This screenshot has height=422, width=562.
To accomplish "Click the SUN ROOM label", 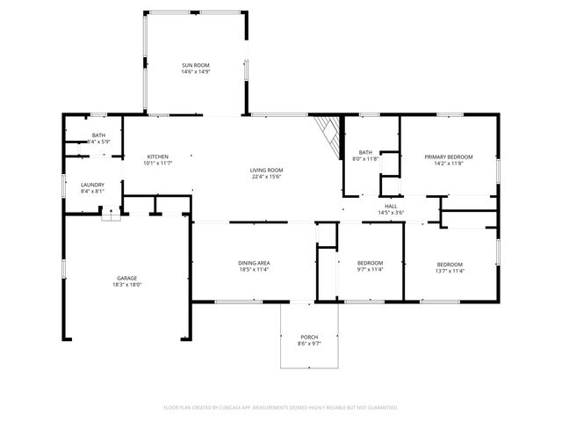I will pyautogui.click(x=195, y=65).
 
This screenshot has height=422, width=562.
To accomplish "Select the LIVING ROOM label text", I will pyautogui.click(x=266, y=170).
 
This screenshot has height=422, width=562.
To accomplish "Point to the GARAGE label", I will pyautogui.click(x=126, y=278).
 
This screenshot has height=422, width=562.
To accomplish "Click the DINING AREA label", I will pyautogui.click(x=253, y=264).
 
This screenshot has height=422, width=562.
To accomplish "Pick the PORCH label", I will pyautogui.click(x=309, y=337).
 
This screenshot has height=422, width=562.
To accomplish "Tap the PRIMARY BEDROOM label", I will pyautogui.click(x=449, y=156).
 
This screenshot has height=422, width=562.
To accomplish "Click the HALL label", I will pyautogui.click(x=391, y=207).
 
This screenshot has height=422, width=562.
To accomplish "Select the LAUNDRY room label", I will pyautogui.click(x=92, y=185).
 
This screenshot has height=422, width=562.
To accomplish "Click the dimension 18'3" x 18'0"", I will pyautogui.click(x=126, y=285).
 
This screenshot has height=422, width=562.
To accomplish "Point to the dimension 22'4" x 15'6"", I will pyautogui.click(x=266, y=177).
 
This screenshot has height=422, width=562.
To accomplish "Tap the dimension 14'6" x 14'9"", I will pyautogui.click(x=195, y=72).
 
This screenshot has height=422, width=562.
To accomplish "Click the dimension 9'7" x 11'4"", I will pyautogui.click(x=370, y=271).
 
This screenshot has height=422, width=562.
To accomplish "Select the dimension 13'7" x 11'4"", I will pyautogui.click(x=450, y=271).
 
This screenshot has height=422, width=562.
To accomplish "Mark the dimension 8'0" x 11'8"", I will pyautogui.click(x=365, y=158).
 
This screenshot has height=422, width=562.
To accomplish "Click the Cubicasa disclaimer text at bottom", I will pyautogui.click(x=281, y=408).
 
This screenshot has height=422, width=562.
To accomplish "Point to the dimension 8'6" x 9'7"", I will pyautogui.click(x=309, y=344).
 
